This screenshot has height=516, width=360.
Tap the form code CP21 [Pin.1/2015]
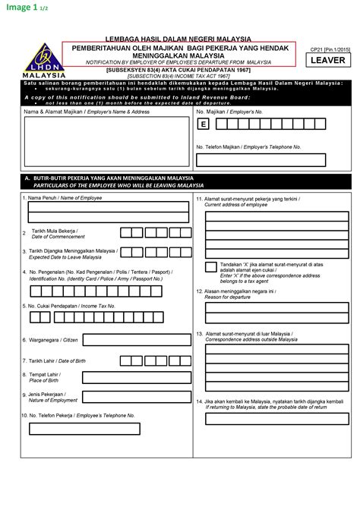327,49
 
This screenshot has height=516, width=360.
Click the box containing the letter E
203,124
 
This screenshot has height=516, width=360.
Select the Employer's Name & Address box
106,141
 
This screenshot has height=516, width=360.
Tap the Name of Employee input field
109,207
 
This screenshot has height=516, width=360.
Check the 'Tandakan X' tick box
210,266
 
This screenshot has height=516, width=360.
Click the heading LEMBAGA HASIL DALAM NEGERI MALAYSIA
179,39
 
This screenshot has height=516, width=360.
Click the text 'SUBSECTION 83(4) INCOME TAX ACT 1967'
179,76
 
